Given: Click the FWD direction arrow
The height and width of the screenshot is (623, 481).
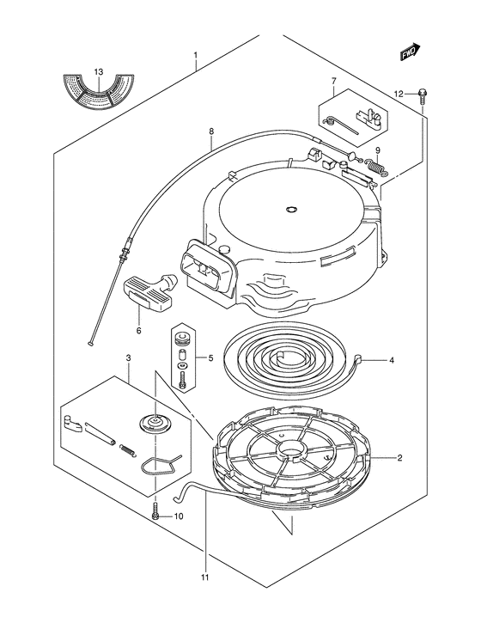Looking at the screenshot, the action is pyautogui.click(x=410, y=52).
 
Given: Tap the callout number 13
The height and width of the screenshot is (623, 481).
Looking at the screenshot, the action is pyautogui.click(x=99, y=72).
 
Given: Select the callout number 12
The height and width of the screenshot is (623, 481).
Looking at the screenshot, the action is pyautogui.click(x=399, y=94).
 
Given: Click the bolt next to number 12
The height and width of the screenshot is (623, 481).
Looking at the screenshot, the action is pyautogui.click(x=422, y=95).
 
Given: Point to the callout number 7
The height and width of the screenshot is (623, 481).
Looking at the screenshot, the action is pyautogui.click(x=333, y=81).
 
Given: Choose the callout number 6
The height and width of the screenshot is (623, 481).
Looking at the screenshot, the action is pyautogui.click(x=138, y=330).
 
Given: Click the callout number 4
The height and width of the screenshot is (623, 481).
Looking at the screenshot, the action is pyautogui.click(x=392, y=360).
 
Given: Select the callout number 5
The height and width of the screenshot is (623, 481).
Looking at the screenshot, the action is pyautogui.click(x=210, y=358).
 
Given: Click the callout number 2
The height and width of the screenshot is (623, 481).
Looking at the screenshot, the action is pyautogui.click(x=399, y=458).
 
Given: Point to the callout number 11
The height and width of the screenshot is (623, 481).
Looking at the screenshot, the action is pyautogui.click(x=204, y=577).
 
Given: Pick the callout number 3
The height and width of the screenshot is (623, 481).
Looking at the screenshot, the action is pyautogui.click(x=128, y=358).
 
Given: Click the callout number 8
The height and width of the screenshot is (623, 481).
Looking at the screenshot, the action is pyautogui.click(x=211, y=131).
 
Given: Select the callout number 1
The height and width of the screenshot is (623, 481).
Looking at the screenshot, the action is pyautogui.click(x=195, y=54).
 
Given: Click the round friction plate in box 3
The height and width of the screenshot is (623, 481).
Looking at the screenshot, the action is pyautogui.click(x=155, y=423).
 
